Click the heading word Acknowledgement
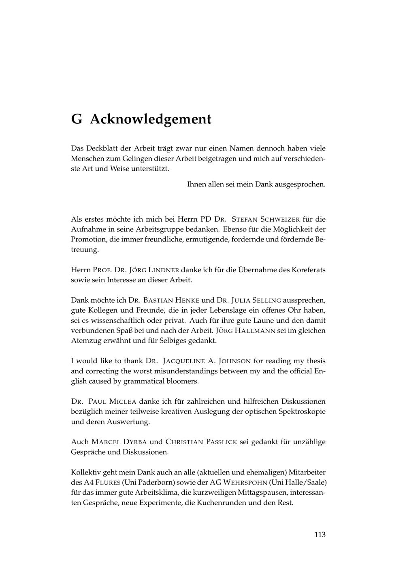[151, 120]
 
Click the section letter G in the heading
[77, 119]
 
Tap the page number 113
[320, 534]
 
